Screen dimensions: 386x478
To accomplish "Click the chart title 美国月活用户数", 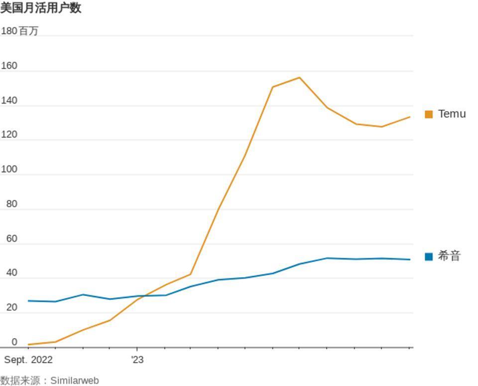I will click(41, 8).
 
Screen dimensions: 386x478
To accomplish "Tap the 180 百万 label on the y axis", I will click(19, 31).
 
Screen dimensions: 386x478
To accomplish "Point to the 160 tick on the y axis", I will click(9, 66).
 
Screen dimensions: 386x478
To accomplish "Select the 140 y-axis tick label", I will click(9, 101).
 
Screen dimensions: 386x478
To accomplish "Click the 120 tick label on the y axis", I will click(9, 135).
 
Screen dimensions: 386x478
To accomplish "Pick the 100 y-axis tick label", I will click(9, 170).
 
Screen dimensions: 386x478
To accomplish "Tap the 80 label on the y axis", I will click(11, 204).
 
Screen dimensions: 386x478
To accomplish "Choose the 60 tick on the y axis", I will click(11, 239).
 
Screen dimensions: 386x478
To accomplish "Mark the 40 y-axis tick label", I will click(11, 273).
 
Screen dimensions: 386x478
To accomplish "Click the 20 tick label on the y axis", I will click(11, 308).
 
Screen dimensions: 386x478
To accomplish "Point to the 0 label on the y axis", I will click(14, 342).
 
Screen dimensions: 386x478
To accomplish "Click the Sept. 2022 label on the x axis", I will click(28, 360).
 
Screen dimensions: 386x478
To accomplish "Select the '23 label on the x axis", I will click(137, 360).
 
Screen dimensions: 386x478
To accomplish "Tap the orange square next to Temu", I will click(429, 114).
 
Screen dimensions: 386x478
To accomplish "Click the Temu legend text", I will click(452, 114).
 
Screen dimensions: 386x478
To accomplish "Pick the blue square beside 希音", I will click(429, 256).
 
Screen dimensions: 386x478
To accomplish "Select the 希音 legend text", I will click(449, 256).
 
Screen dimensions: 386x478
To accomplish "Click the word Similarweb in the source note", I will click(75, 381).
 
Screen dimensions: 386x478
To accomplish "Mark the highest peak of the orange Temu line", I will click(299, 77).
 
